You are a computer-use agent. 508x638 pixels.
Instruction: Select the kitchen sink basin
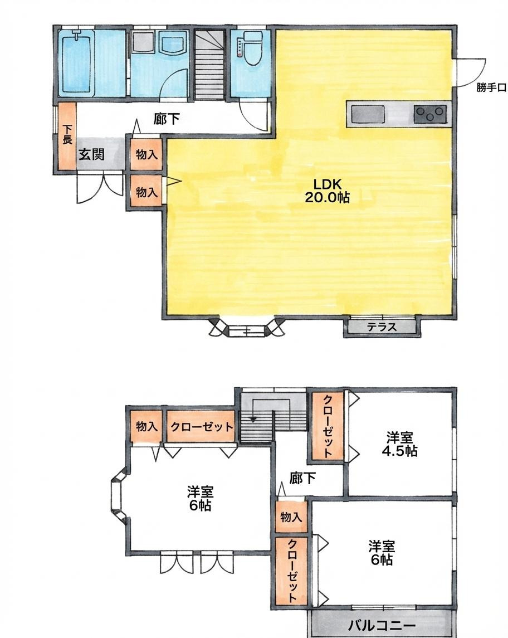[368, 114]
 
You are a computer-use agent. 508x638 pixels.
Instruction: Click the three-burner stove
[430, 114]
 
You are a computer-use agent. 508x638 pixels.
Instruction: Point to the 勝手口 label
[491, 87]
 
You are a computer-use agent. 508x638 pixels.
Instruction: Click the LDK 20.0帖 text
[327, 190]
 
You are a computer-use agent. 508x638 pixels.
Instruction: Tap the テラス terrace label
[382, 327]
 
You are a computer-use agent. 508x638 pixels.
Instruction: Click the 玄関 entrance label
[91, 154]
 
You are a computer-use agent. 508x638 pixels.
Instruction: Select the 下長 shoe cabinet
[67, 136]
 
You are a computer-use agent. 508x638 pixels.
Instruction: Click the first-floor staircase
[209, 64]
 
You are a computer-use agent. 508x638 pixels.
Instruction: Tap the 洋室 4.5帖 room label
[402, 444]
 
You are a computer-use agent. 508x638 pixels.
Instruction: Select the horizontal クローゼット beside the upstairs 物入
[202, 426]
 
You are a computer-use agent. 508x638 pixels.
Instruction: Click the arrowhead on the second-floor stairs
[253, 419]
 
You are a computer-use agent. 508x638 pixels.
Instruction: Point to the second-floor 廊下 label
[302, 478]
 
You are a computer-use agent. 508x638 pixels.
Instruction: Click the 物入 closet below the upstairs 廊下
[291, 517]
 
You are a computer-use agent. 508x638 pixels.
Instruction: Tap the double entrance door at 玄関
[100, 188]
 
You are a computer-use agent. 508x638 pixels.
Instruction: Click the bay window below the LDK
[247, 327]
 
